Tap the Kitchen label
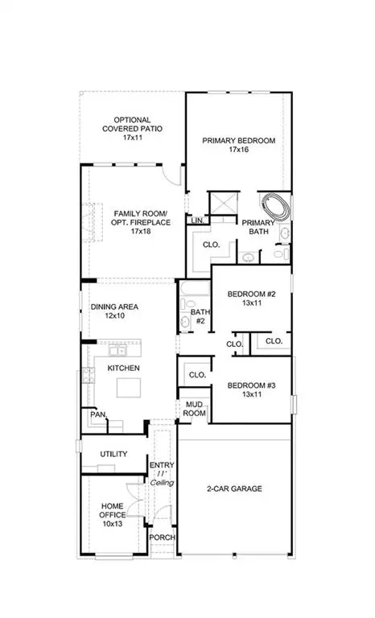(124, 368)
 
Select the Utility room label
(113, 454)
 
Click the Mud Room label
(194, 408)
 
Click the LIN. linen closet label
(196, 220)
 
